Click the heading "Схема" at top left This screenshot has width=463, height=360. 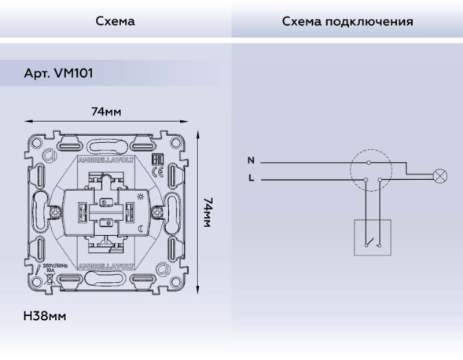pyautogui.click(x=115, y=21)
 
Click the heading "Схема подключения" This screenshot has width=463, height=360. pyautogui.click(x=347, y=21)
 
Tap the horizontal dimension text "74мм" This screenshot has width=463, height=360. pyautogui.click(x=106, y=112)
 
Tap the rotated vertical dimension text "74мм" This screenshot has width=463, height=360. pyautogui.click(x=208, y=212)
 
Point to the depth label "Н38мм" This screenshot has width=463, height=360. pyautogui.click(x=45, y=316)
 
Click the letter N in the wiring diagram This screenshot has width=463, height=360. pyautogui.click(x=251, y=161)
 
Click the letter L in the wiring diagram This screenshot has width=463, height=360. pyautogui.click(x=251, y=178)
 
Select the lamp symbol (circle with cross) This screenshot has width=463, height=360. pyautogui.click(x=439, y=175)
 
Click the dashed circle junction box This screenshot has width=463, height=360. pyautogui.click(x=371, y=171)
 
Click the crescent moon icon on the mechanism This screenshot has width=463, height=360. pyautogui.click(x=139, y=228)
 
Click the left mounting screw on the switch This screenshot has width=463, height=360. pyautogui.click(x=56, y=211)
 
